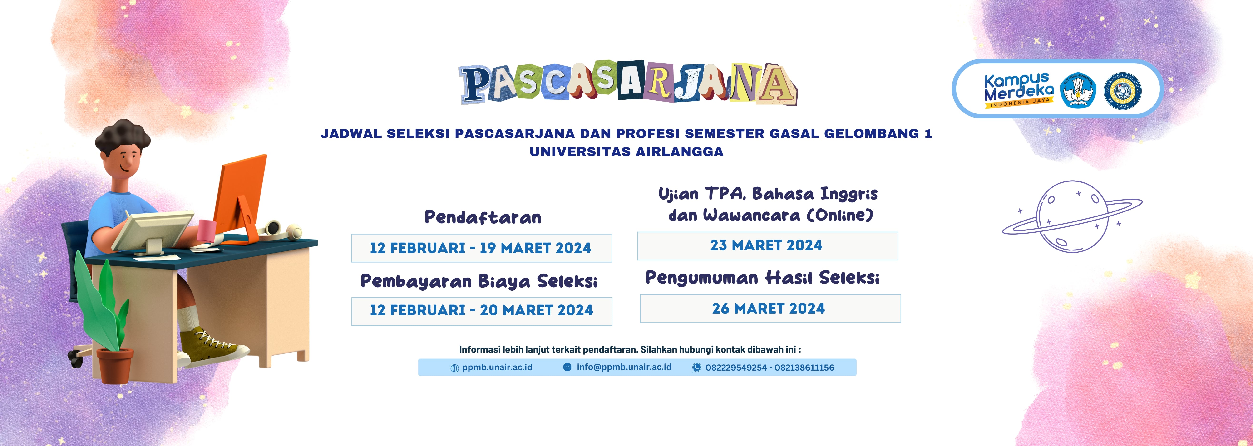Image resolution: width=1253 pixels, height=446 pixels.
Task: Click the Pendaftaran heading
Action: [x=483, y=217]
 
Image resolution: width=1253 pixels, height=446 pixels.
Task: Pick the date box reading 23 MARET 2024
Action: [x=767, y=246]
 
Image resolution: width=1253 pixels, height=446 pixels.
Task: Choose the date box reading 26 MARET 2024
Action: [x=770, y=308]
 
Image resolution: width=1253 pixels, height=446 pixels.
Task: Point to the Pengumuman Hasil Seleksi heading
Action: [x=762, y=278]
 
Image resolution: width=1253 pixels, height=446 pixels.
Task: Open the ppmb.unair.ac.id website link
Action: [x=497, y=367]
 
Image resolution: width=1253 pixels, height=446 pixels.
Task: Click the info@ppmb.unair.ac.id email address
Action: [x=624, y=367]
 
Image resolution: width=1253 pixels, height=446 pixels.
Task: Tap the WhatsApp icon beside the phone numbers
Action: [x=696, y=368]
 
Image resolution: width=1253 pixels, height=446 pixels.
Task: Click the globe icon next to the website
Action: [x=454, y=368]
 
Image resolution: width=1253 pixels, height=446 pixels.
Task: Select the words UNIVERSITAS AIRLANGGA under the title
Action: [x=626, y=152]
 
